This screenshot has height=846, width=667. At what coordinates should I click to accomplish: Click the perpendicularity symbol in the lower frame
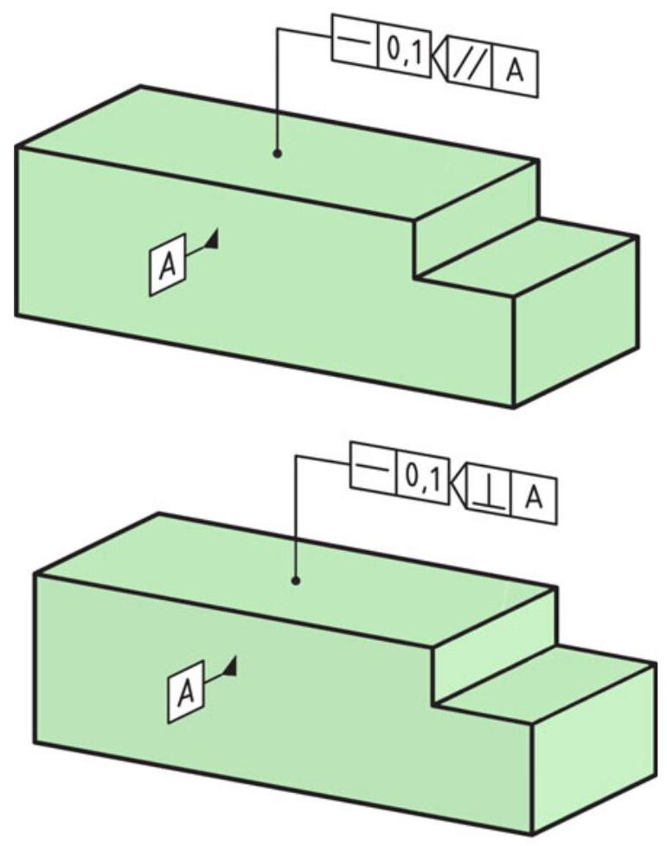489,496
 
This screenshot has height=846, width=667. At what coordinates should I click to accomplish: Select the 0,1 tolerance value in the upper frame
405,54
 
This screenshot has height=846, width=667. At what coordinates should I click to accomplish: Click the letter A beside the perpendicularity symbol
533,498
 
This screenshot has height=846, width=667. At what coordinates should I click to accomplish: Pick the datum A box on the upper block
167,265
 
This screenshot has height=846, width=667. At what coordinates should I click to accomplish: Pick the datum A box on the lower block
186,691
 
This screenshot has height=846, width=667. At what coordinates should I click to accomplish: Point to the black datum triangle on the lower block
231,665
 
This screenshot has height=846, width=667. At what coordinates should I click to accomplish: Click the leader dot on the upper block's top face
278,154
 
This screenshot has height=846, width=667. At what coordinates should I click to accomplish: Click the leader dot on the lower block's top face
295,580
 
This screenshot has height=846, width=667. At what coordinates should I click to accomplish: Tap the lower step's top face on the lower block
546,683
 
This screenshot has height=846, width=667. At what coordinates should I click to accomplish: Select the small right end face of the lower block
594,749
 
